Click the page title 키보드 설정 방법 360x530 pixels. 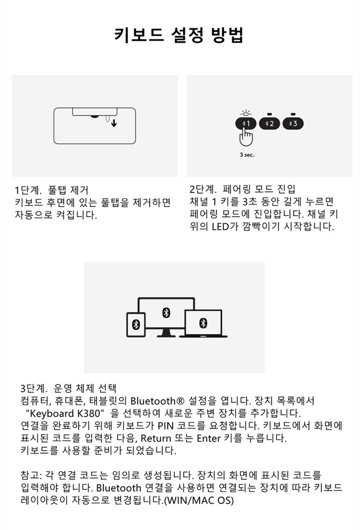[x=179, y=35]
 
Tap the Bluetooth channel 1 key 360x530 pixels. [x=245, y=123]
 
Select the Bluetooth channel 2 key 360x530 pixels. [x=269, y=123]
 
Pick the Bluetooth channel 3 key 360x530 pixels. [x=293, y=123]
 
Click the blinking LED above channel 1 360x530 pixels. [x=245, y=112]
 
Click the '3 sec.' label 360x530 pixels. [x=247, y=155]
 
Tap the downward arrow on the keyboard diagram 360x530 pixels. [x=114, y=123]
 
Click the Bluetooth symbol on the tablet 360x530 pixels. [x=136, y=324]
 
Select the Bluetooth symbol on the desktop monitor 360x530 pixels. [x=166, y=313]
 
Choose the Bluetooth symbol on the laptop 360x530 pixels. [x=203, y=323]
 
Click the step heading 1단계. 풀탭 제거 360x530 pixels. [x=51, y=190]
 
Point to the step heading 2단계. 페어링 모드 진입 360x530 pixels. [x=243, y=189]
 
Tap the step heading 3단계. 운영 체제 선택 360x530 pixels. [x=68, y=388]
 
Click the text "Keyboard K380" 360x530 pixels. [x=64, y=413]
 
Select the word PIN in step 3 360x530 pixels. [x=165, y=425]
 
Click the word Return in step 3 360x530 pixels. [x=156, y=438]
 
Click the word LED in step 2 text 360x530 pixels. [x=220, y=226]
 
